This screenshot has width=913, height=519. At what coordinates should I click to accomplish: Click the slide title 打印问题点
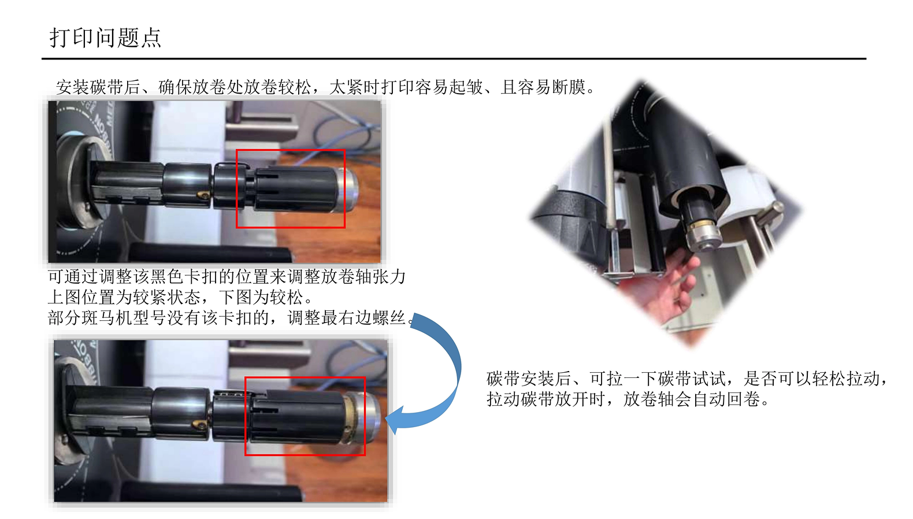coord(105,38)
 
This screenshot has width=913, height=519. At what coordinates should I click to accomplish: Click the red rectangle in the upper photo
coord(291,150)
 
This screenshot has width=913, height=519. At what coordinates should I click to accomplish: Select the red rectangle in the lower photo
coord(305,378)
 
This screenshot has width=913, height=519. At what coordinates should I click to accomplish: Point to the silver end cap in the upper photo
coord(347,190)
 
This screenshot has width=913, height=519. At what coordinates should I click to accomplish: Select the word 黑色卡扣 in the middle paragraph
coord(184,277)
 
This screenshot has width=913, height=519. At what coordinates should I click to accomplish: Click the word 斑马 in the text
coord(98,318)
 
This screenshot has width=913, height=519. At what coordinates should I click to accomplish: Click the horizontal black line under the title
coord(454,59)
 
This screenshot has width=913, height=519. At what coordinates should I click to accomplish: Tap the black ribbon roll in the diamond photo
coord(689,163)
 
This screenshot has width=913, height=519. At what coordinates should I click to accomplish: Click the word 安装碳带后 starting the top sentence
coord(98,87)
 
